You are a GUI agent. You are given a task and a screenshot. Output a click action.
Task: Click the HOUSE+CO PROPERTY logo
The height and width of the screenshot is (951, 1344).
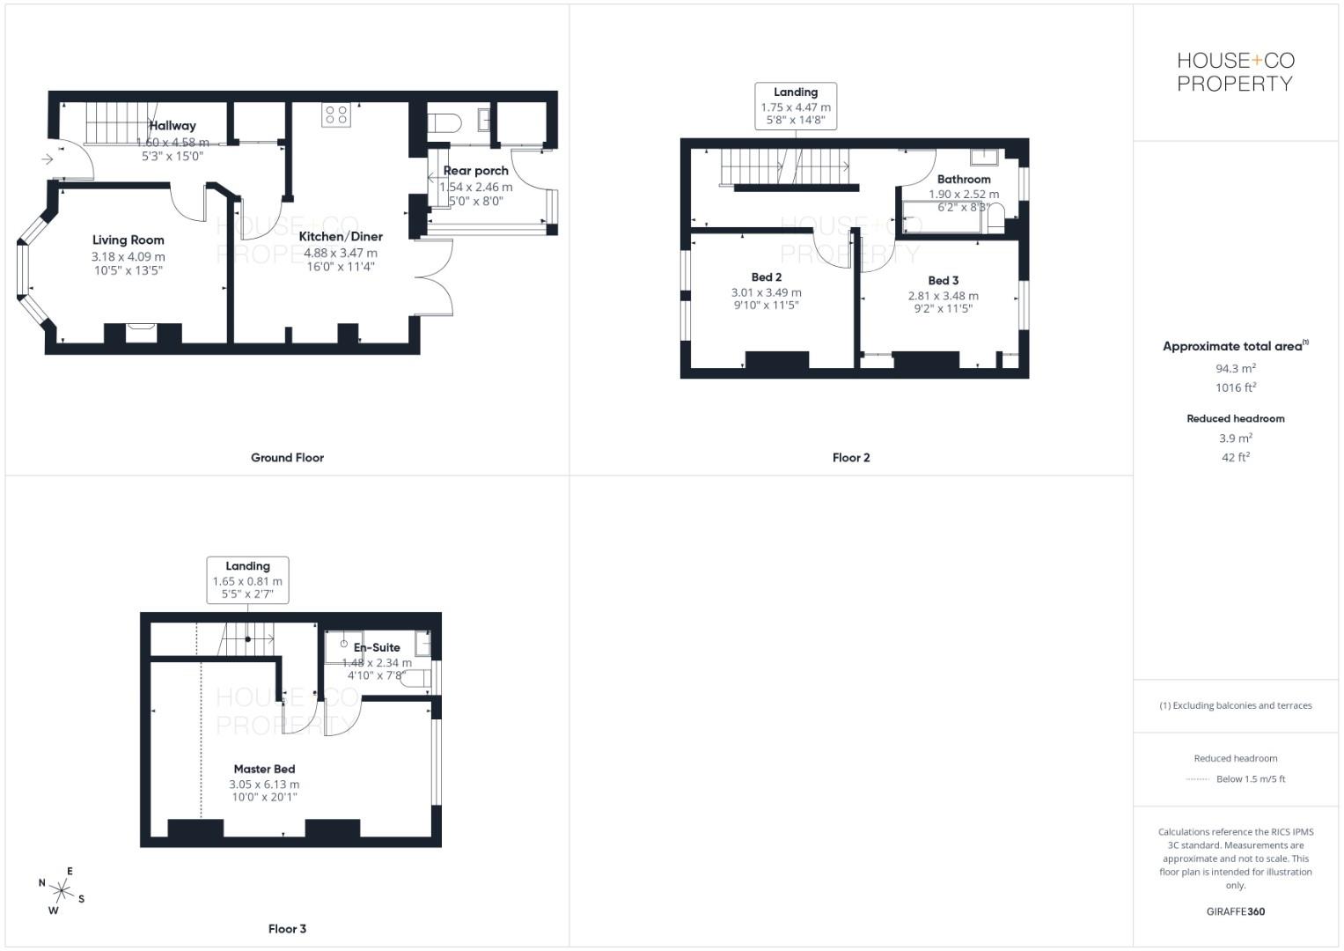[x=1235, y=72]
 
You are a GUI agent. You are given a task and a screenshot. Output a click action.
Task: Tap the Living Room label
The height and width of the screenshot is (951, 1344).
[x=129, y=240]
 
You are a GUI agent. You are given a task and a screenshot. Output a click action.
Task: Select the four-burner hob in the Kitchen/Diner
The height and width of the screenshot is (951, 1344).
[x=336, y=114]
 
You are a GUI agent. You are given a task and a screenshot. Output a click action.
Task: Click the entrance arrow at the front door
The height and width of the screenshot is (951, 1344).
[x=46, y=159]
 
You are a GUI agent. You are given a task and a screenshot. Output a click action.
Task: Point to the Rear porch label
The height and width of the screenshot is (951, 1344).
[x=475, y=171]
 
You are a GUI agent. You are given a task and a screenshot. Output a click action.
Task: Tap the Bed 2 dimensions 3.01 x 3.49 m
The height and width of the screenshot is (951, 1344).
[x=766, y=292]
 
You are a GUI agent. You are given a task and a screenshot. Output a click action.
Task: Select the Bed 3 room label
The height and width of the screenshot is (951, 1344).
[x=943, y=281]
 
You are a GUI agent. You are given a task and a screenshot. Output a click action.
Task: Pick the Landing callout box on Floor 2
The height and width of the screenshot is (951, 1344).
[x=796, y=106]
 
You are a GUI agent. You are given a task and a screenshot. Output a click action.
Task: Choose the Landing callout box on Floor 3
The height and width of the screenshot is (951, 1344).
[x=247, y=580]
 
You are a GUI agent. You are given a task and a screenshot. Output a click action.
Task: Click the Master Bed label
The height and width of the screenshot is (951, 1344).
[x=264, y=769]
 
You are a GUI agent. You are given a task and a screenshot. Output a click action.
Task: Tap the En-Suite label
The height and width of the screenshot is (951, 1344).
[x=377, y=647]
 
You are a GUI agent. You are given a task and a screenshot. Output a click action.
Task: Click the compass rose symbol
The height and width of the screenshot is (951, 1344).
[x=62, y=891]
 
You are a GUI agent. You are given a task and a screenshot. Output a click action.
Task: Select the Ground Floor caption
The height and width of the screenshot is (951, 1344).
[x=287, y=458]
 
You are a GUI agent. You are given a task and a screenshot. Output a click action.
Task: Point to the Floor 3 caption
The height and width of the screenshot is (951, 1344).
[x=287, y=929]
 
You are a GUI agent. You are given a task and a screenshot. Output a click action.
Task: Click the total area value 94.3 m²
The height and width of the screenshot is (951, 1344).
[x=1235, y=369]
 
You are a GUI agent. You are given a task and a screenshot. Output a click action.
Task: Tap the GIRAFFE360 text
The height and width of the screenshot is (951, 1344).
[x=1235, y=911]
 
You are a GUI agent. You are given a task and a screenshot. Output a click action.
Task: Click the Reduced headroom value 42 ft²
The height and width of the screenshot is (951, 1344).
[x=1235, y=457]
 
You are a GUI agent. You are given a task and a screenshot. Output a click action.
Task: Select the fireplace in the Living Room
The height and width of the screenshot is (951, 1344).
[x=142, y=332]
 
